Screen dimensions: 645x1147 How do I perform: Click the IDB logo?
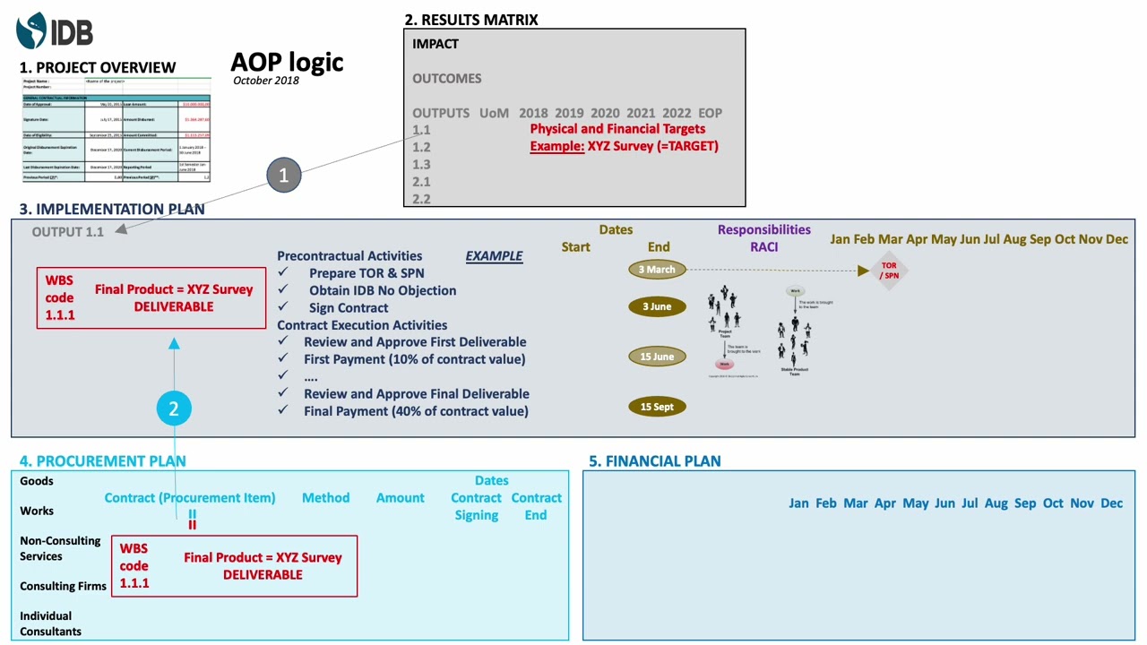tap(55, 31)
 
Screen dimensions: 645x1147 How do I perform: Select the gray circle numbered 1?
tap(283, 176)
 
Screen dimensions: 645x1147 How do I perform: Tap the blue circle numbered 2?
tap(174, 408)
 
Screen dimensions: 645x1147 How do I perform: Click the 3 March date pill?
tap(657, 270)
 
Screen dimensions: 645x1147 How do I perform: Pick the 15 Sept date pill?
tap(657, 407)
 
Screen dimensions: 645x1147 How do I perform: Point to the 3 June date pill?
tap(657, 306)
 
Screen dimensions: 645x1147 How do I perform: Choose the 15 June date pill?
tap(657, 357)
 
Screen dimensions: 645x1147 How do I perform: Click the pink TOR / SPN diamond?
tap(888, 271)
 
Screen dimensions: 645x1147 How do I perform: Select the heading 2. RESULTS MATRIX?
tap(470, 20)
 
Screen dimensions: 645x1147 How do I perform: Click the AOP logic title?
tap(287, 62)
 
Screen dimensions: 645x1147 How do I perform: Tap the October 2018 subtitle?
tap(266, 81)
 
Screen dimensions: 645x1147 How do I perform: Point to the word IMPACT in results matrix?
tap(436, 44)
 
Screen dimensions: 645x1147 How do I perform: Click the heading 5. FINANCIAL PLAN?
tap(654, 461)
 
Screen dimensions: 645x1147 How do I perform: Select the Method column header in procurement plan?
tap(325, 498)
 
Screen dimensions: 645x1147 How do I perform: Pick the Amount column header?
tap(400, 498)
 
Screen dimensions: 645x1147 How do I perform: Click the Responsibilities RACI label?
tap(763, 238)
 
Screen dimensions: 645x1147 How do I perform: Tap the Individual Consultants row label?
tap(50, 623)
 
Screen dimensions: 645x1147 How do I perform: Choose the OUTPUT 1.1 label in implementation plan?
tap(68, 232)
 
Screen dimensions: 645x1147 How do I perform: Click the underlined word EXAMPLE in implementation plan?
tap(494, 256)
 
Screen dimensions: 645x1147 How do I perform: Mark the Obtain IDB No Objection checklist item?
tap(383, 290)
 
